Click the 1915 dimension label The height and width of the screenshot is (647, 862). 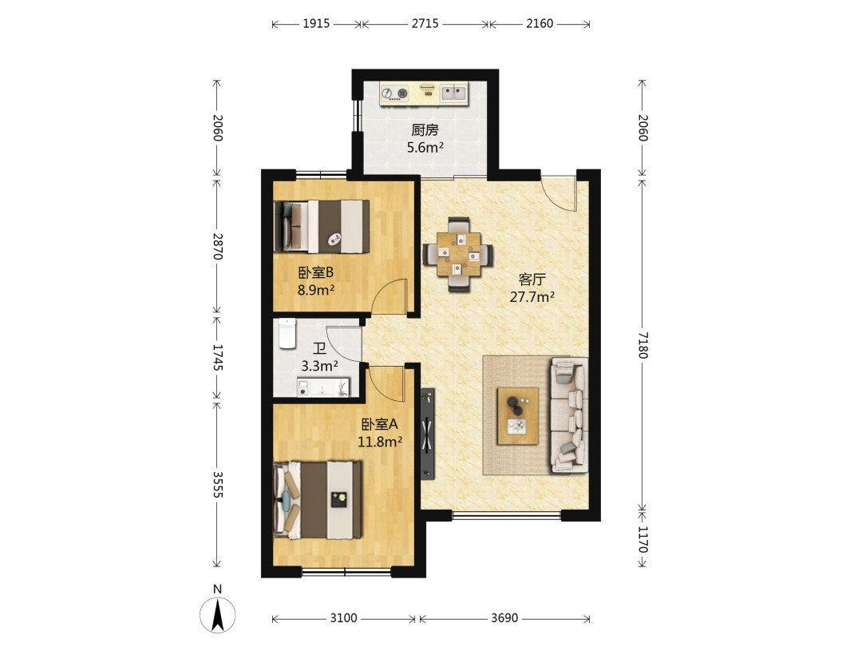coord(316,24)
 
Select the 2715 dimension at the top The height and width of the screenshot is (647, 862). coord(425,24)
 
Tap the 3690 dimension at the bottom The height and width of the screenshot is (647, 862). coord(504,617)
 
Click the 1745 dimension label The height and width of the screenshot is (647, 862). coord(218,358)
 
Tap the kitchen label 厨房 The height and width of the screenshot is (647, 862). coord(425,130)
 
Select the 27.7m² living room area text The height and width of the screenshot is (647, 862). coord(532,298)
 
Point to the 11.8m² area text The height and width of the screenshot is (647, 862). coord(380,441)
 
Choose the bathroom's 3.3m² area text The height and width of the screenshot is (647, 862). coord(319,366)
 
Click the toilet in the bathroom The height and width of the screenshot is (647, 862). coord(287,333)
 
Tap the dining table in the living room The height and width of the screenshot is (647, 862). coord(458,254)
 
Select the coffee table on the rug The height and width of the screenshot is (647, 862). coord(518,415)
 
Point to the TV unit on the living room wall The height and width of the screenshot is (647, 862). coord(428,434)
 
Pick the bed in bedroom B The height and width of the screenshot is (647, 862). coord(322,227)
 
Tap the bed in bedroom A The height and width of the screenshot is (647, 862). coord(318,500)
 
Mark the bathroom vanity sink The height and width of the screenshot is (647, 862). coord(322,387)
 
